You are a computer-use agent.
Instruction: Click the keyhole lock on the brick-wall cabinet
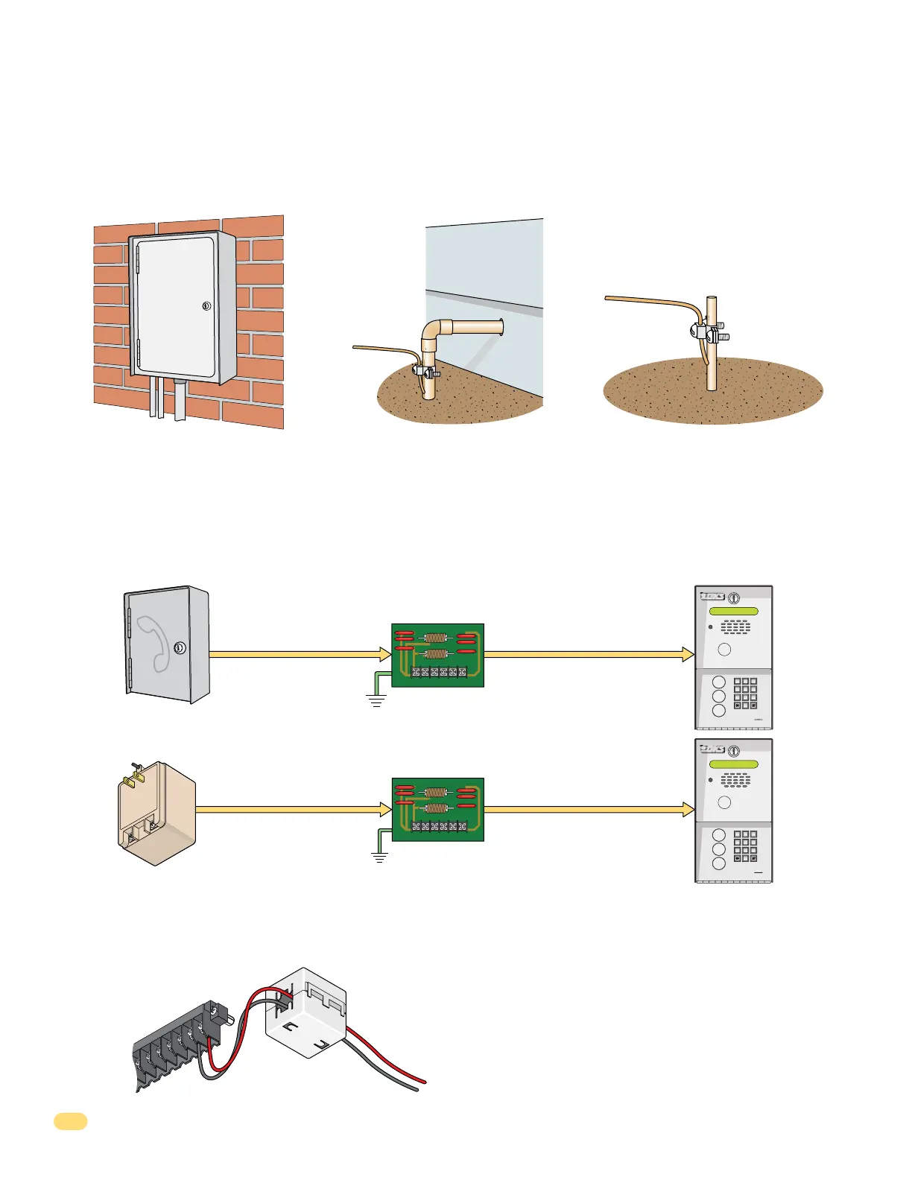(206, 306)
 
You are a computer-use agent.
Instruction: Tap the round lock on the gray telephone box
(180, 648)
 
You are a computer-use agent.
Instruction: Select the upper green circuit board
(437, 655)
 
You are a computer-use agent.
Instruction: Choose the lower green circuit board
(437, 809)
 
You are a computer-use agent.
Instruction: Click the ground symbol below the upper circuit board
(376, 700)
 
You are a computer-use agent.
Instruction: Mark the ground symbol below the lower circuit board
(380, 857)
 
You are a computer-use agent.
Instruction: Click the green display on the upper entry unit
(733, 612)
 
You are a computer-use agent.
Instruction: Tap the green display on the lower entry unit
(733, 765)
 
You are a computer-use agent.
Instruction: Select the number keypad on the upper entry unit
(744, 693)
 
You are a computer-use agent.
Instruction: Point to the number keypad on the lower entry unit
(744, 846)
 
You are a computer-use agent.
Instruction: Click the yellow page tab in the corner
(71, 1121)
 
